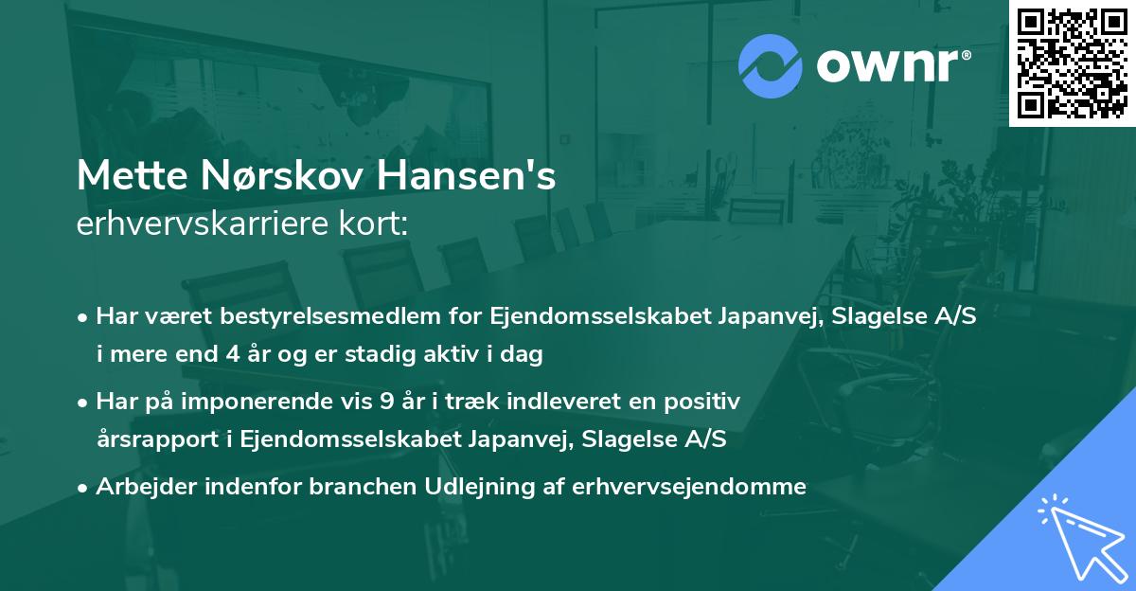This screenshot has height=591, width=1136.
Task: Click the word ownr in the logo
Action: click(894, 66)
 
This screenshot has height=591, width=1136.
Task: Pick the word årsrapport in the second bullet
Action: click(151, 439)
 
